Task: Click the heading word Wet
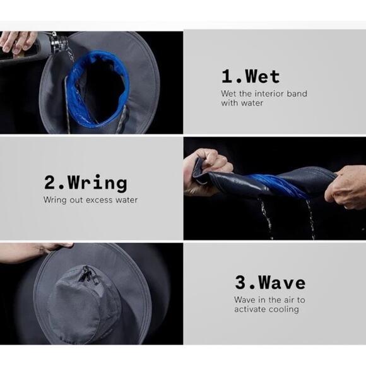(x=263, y=76)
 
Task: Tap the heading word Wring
(x=98, y=184)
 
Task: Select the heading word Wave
(x=282, y=283)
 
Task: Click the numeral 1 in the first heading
(x=227, y=76)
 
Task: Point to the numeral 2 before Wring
(x=49, y=182)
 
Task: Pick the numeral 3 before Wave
(x=240, y=282)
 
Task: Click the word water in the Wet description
(x=253, y=103)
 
